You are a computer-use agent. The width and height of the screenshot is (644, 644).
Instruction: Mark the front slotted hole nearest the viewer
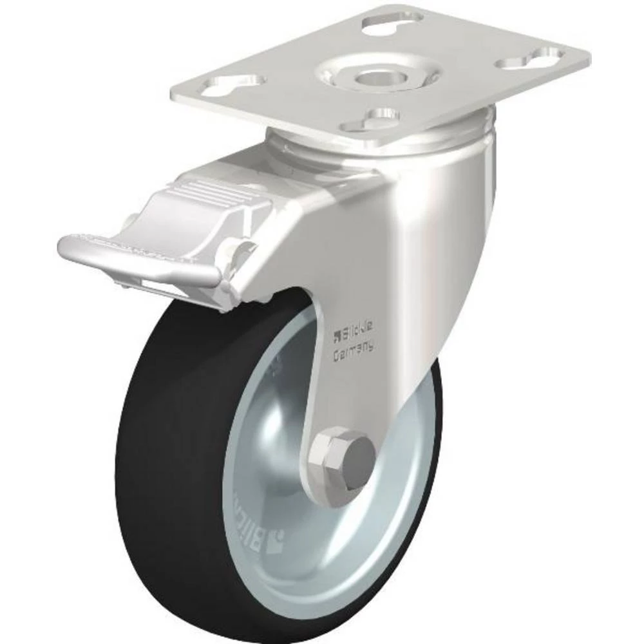pos(374,120)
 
